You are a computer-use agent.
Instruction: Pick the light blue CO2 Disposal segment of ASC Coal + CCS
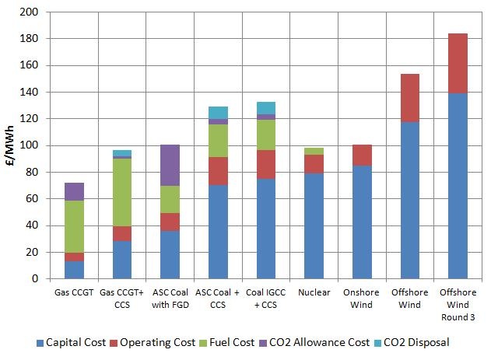217,112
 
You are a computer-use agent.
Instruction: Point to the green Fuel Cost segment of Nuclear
313,151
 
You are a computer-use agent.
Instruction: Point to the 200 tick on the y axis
30,12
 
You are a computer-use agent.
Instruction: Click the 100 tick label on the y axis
30,145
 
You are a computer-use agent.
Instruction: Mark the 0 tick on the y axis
34,278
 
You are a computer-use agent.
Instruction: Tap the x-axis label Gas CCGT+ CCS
122,298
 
